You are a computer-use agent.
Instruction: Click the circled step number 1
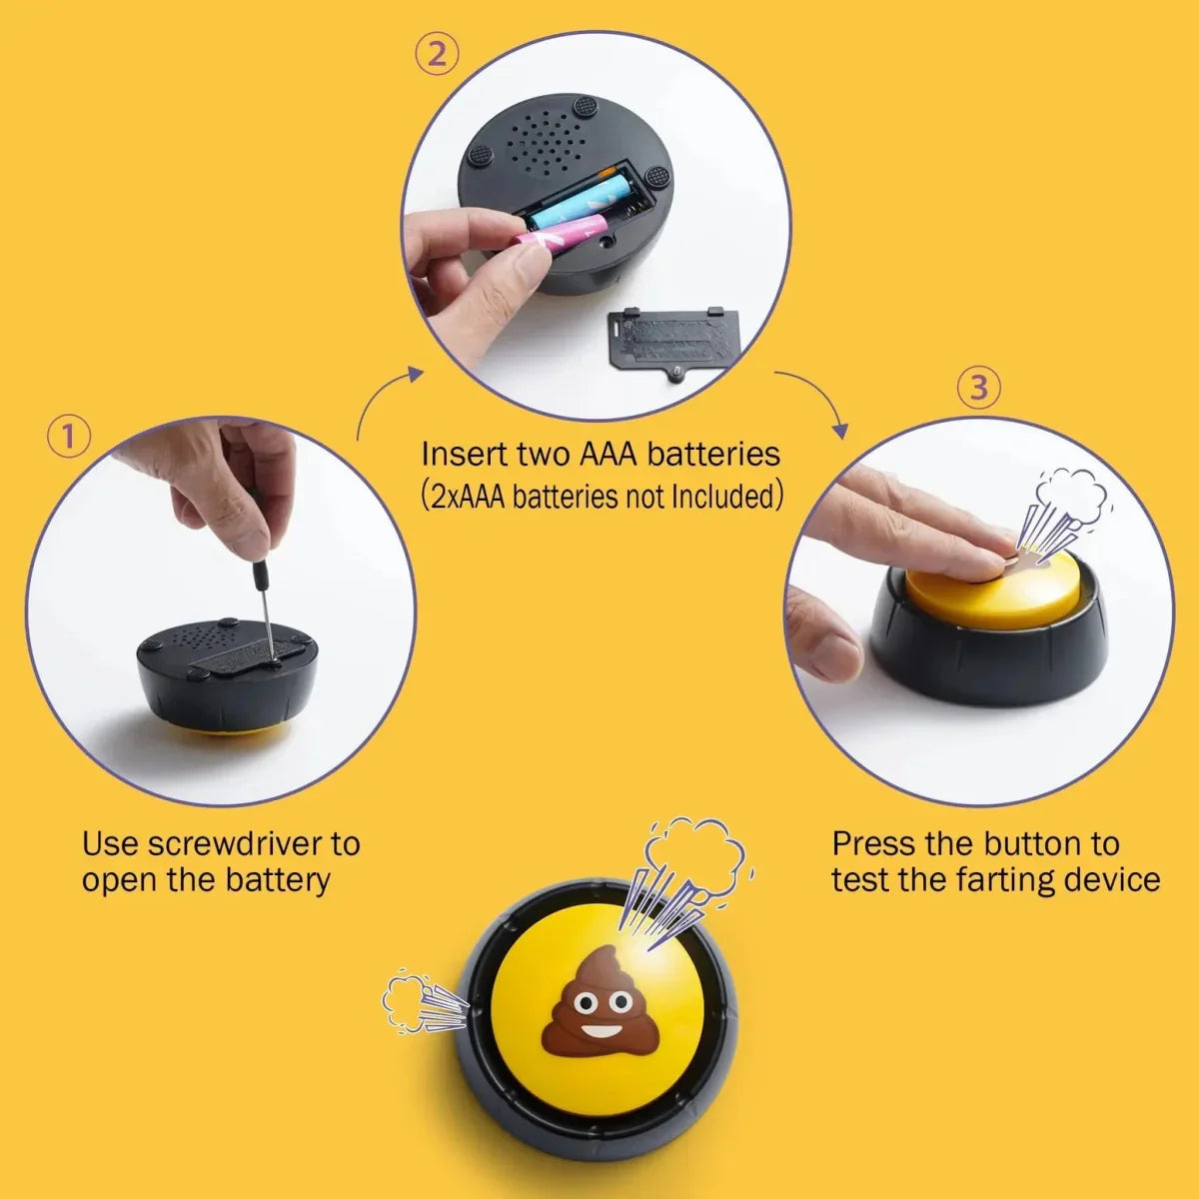coord(69,437)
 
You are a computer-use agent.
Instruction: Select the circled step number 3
coord(979,389)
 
